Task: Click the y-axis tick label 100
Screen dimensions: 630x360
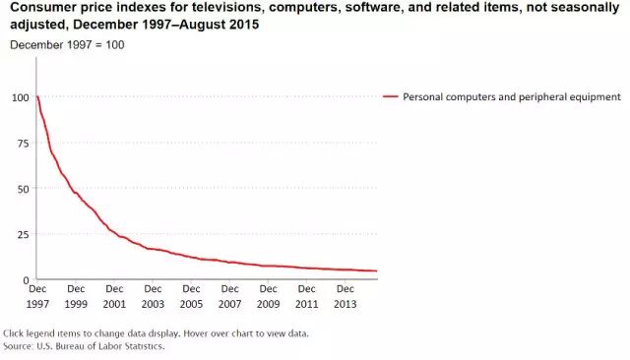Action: click(21, 97)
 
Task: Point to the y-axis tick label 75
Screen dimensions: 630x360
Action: click(24, 144)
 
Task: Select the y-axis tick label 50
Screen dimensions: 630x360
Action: click(24, 189)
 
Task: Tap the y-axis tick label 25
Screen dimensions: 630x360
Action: click(24, 234)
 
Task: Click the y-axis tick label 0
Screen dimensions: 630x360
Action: click(27, 280)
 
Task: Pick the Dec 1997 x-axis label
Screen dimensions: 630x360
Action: click(37, 297)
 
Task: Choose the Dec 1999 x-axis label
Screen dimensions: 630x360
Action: click(76, 297)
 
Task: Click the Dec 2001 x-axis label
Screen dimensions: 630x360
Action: click(114, 297)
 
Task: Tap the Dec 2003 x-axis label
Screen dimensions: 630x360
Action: click(154, 297)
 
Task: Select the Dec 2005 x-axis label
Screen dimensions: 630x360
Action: click(191, 297)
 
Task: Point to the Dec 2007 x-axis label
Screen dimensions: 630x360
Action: click(229, 297)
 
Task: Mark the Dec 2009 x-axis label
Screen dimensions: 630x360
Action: click(269, 297)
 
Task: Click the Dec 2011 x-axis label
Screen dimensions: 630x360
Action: click(306, 297)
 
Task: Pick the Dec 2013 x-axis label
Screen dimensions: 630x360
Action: click(346, 297)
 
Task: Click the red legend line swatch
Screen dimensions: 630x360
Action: click(390, 96)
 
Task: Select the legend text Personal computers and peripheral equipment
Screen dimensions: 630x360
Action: click(512, 97)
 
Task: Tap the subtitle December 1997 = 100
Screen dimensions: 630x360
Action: click(67, 45)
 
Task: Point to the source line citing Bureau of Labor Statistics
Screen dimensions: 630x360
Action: click(84, 346)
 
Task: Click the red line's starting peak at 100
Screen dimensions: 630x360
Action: click(37, 96)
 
